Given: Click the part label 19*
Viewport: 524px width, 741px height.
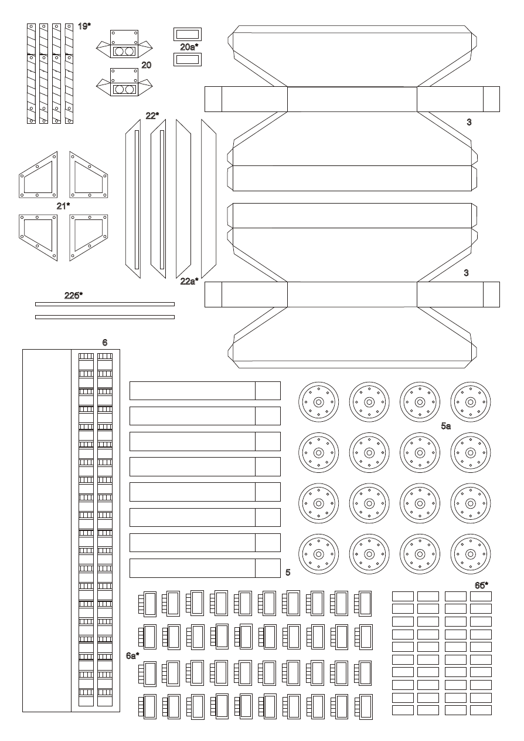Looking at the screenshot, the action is click(84, 26).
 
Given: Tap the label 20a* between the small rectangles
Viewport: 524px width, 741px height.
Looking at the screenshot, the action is click(189, 47).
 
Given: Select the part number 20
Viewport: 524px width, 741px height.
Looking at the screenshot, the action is click(147, 65).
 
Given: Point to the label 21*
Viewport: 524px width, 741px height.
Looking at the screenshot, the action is click(63, 206).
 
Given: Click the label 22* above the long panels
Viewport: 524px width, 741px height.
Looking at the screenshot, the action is click(152, 116).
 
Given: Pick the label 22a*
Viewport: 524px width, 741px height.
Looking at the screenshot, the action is click(189, 281).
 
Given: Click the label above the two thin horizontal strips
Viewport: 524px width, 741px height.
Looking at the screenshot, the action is click(73, 296).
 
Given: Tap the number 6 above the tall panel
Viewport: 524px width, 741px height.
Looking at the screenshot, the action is click(105, 343).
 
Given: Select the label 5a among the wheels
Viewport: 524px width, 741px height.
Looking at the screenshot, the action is click(445, 426).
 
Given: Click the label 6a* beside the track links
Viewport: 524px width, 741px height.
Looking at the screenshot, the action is click(132, 656).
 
